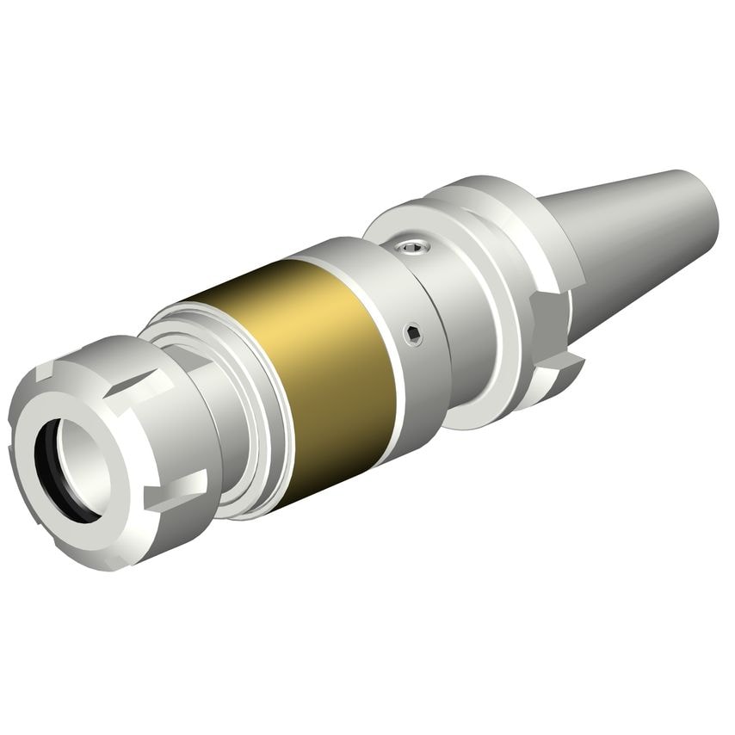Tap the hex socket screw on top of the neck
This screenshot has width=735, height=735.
point(411,250)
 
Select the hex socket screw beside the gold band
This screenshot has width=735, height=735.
point(414,333)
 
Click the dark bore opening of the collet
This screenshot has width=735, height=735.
point(69,469)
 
